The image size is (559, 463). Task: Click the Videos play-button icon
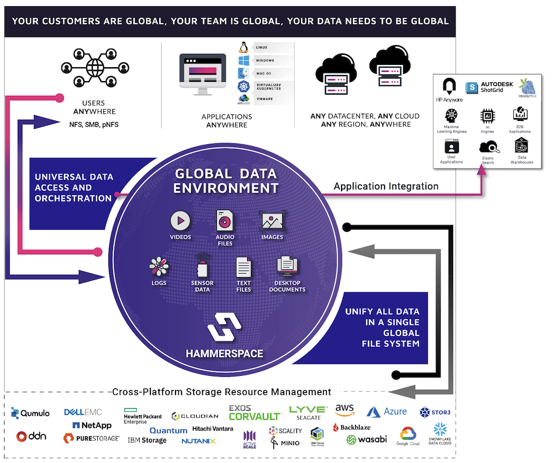click(x=180, y=221)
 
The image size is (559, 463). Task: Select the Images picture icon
click(x=272, y=221)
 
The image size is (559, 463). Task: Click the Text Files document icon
click(x=244, y=267)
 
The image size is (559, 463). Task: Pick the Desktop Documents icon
click(x=287, y=266)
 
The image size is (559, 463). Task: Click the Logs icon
click(x=159, y=266)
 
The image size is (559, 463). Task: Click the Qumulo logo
click(x=30, y=413)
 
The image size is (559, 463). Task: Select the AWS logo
click(x=345, y=410)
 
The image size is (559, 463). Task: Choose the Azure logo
click(x=387, y=411)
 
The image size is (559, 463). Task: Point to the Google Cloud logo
click(x=408, y=436)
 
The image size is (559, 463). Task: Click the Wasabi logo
click(x=367, y=439)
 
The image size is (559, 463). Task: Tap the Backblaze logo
click(x=352, y=427)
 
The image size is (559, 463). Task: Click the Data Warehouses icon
click(x=522, y=147)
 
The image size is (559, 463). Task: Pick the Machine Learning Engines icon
click(x=451, y=116)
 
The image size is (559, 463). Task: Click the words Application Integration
click(x=386, y=186)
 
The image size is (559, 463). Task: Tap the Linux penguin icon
click(x=243, y=48)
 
